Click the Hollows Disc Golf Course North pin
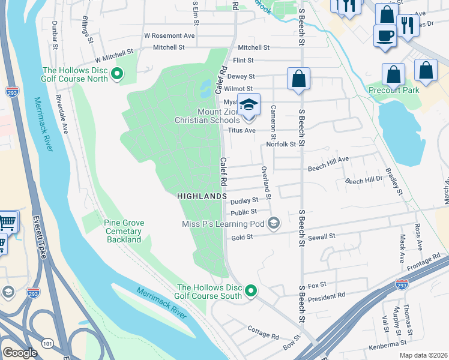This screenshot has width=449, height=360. point(118,74)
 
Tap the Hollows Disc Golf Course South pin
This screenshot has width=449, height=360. point(250,292)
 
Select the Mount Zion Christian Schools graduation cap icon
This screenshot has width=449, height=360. point(248,106)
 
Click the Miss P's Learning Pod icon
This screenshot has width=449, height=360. point(274,224)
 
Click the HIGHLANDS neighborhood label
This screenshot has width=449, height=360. point(202,196)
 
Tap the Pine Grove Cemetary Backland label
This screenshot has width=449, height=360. point(124,231)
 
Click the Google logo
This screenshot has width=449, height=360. point(20,353)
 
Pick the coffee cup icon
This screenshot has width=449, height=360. point(384,35)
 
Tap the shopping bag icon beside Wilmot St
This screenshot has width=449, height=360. point(298,80)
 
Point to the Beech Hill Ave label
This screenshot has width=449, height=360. point(328,160)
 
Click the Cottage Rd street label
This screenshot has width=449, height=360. point(263,332)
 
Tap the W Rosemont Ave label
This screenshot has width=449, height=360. point(169,35)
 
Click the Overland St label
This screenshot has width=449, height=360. point(265,183)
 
